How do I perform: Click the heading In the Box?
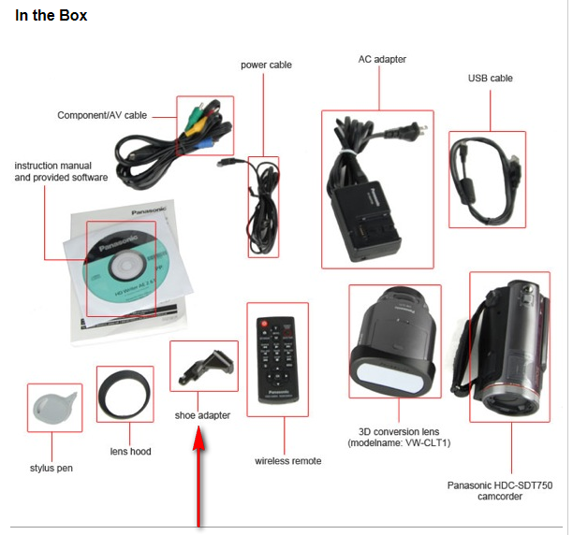51,16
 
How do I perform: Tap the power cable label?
266,65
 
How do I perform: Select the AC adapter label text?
382,59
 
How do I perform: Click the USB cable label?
490,79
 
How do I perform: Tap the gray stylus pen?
53,407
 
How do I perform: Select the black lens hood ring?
125,395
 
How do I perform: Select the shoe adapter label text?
202,415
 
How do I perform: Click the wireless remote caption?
287,460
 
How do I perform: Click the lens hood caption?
129,452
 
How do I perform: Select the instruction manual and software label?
61,171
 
